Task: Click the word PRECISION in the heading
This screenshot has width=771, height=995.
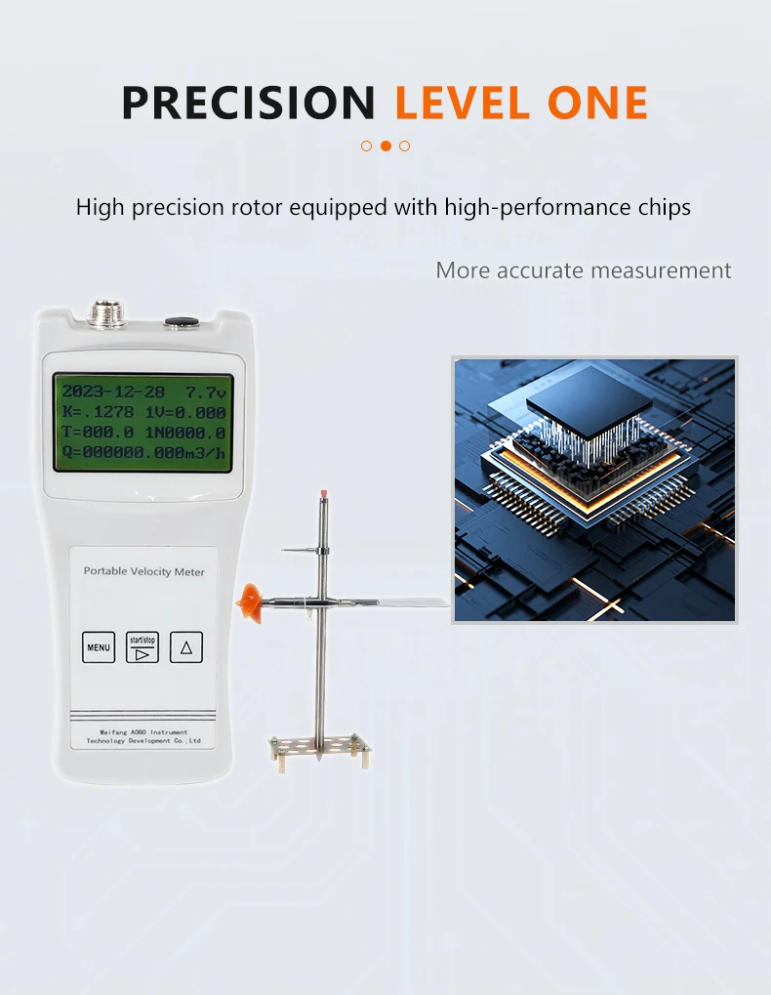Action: pos(248,103)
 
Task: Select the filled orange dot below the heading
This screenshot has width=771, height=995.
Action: pos(385,145)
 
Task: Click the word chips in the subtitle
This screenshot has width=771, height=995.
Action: pos(662,207)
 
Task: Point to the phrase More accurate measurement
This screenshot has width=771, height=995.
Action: pos(583,270)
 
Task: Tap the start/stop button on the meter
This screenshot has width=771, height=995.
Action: pos(142,646)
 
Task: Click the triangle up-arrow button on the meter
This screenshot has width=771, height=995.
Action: pos(186,646)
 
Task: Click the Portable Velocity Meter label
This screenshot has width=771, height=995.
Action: pos(144,571)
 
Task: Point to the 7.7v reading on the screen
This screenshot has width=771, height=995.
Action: pos(206,392)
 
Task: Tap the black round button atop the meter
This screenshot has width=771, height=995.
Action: pos(180,320)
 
